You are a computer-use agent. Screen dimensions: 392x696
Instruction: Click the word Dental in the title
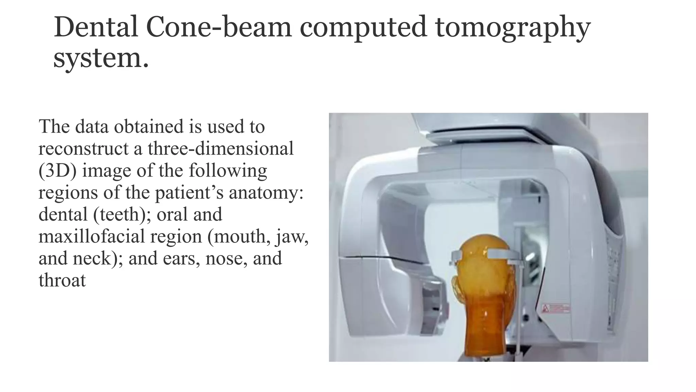tap(96, 27)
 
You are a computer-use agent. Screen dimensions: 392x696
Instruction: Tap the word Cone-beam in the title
tap(219, 27)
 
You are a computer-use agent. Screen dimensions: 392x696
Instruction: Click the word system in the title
tap(97, 59)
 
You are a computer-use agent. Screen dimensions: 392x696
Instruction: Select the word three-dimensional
tap(220, 149)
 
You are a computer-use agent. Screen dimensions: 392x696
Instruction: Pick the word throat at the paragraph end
tap(62, 281)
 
